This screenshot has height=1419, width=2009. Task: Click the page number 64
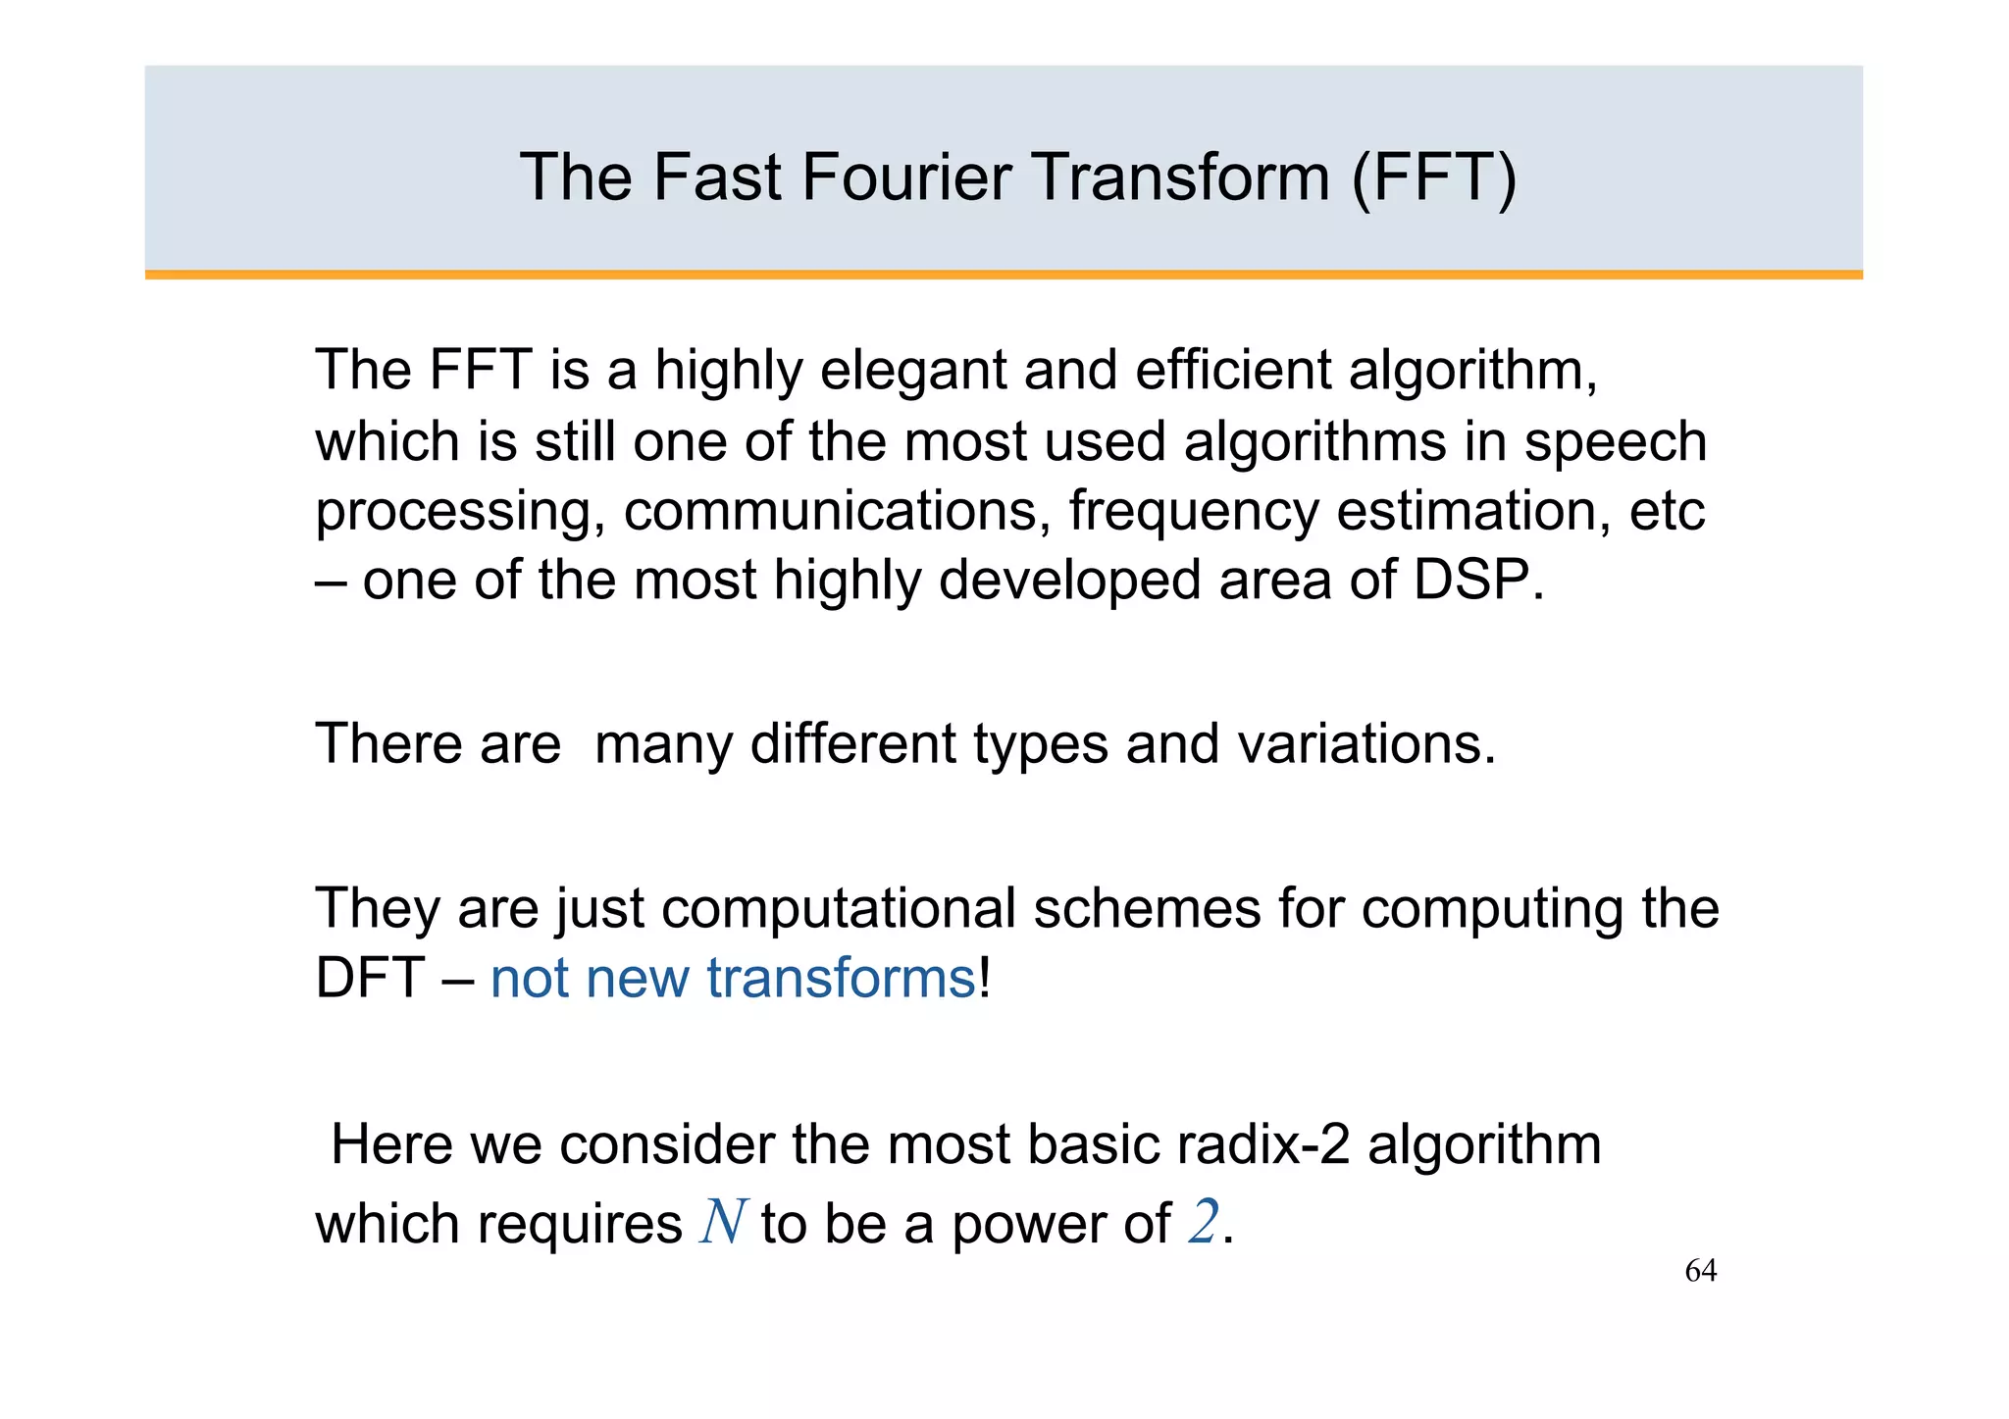1700,1271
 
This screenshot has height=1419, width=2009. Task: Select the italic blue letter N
722,1223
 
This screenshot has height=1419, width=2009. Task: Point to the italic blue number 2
1203,1223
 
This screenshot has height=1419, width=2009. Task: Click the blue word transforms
841,978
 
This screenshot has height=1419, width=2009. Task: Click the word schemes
1146,908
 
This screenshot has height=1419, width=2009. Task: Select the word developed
1069,580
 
